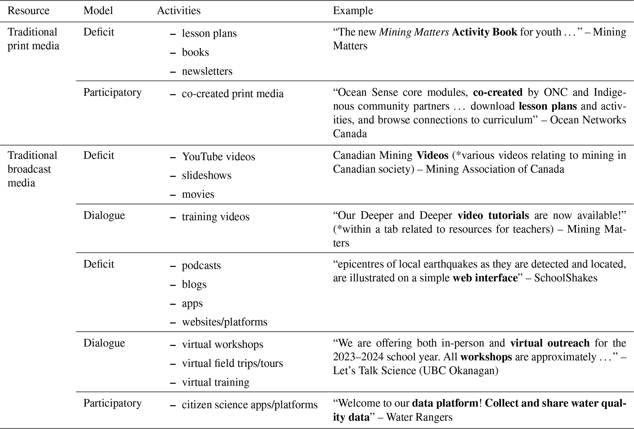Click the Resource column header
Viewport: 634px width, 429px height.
(x=28, y=11)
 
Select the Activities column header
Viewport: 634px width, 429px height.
(x=179, y=11)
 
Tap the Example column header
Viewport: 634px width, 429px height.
(x=353, y=11)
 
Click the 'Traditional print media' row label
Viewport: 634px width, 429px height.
(x=33, y=39)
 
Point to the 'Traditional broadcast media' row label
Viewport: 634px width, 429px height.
(x=32, y=169)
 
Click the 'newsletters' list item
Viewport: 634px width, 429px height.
(x=207, y=71)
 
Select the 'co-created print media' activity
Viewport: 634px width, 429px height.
(x=232, y=94)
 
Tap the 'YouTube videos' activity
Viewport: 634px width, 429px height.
(x=218, y=157)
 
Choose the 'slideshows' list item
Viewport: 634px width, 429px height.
(x=206, y=176)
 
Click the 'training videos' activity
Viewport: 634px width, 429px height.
(x=216, y=217)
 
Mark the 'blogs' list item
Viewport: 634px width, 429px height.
(x=194, y=284)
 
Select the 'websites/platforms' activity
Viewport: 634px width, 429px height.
(x=225, y=322)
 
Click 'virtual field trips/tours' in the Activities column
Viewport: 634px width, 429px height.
(x=232, y=364)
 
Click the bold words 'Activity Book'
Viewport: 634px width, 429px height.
(x=484, y=32)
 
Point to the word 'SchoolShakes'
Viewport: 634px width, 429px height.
(x=566, y=278)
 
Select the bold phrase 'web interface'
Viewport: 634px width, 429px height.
(x=485, y=278)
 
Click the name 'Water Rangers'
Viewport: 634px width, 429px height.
(x=419, y=417)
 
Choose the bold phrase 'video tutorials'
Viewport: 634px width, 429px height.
(x=493, y=215)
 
